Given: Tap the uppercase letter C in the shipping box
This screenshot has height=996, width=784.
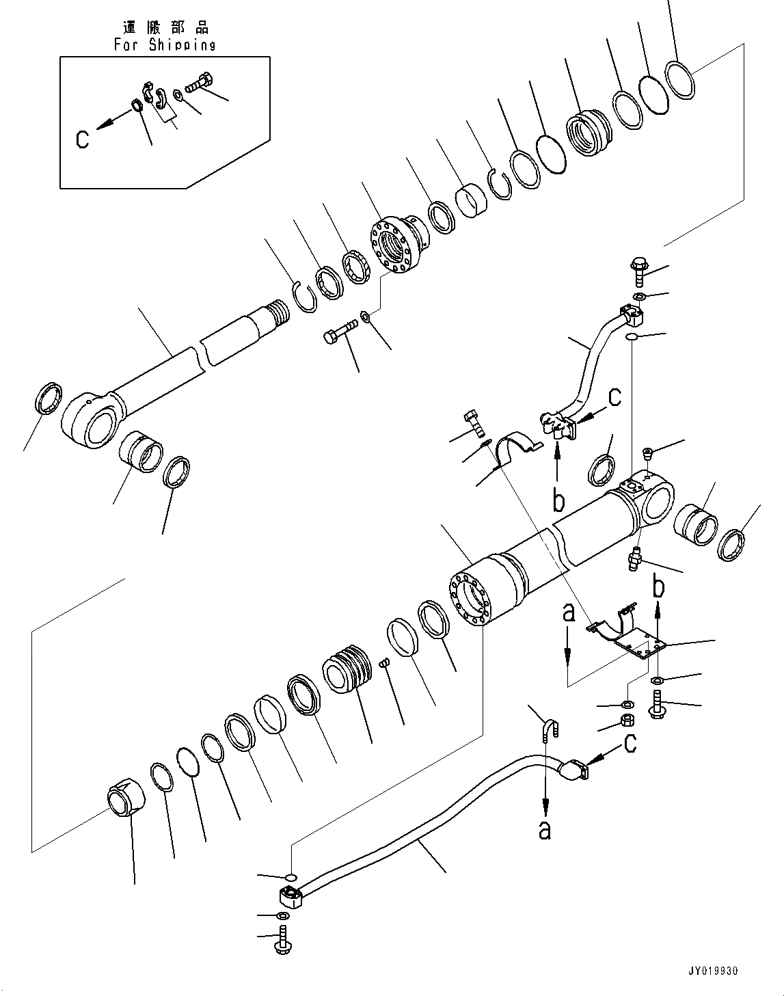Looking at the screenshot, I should (x=82, y=139).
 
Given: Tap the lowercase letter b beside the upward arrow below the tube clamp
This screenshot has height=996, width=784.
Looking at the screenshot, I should (x=558, y=501).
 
